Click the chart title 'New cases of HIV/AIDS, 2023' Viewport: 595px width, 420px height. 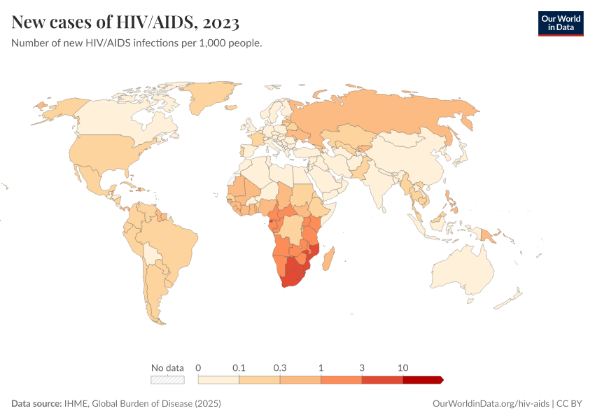[x=126, y=22]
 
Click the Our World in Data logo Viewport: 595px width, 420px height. [x=560, y=22]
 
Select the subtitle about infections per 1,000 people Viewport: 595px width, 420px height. [x=136, y=43]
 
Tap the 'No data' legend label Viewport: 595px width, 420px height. [x=167, y=367]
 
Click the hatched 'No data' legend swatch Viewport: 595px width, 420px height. [x=167, y=380]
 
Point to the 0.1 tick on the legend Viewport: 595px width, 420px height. [x=239, y=367]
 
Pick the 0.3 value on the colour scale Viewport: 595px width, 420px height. [x=280, y=367]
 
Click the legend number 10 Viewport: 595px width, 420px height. [x=402, y=367]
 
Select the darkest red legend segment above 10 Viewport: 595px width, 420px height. [x=422, y=380]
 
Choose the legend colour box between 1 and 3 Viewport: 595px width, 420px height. [x=341, y=380]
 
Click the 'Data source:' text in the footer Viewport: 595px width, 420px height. [x=36, y=404]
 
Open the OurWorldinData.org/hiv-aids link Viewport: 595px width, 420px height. [x=491, y=404]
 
